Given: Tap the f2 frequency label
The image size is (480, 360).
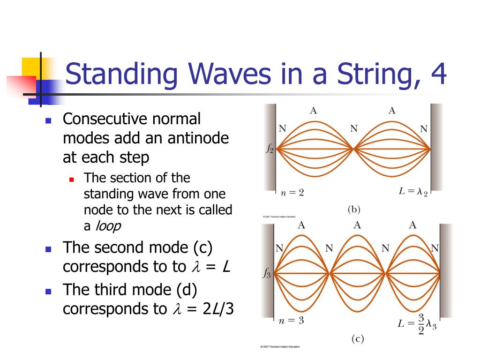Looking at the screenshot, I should coord(270,149).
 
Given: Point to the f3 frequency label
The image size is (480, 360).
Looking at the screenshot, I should coord(266,273).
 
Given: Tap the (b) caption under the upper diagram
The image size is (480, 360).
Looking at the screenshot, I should coord(353,210).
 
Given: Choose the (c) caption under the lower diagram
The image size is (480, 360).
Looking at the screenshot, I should coord(357,338).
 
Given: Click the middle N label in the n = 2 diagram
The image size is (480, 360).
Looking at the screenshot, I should coord(353,129).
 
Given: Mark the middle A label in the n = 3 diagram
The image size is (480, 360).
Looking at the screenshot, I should coord(357,225).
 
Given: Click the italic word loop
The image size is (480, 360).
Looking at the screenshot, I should coord(108,226).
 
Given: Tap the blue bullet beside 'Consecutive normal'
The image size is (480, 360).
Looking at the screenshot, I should coord(48,120).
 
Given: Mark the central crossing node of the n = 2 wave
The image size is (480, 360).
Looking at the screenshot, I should coord(353,149).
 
